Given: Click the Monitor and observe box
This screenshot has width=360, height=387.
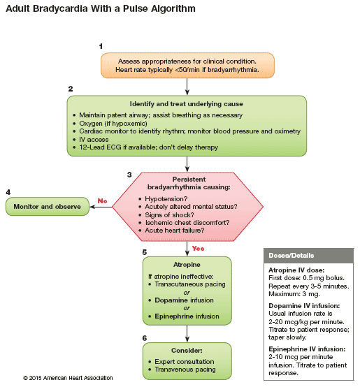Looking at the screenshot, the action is click(48, 207).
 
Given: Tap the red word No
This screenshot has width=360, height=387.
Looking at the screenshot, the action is click(102, 201).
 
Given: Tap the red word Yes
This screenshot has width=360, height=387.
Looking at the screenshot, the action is click(198, 249).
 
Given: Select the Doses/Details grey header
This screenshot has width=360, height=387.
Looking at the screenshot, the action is click(309, 256).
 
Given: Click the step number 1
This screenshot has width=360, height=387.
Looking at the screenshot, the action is click(101, 46).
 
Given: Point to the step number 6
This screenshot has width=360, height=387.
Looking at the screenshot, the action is click(145, 338).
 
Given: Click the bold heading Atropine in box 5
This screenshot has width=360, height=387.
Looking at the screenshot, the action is click(187, 265).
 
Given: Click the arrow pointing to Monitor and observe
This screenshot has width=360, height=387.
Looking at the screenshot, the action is click(101, 207).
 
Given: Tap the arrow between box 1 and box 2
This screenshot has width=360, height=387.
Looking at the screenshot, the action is click(187, 87).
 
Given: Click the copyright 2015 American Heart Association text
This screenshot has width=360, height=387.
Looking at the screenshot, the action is click(68, 378).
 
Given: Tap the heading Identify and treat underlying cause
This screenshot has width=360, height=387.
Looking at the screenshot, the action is click(187, 104).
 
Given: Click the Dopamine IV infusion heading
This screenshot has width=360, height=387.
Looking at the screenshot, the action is click(304, 306).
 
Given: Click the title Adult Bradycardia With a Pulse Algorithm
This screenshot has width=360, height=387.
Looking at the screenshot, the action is click(101, 8).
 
